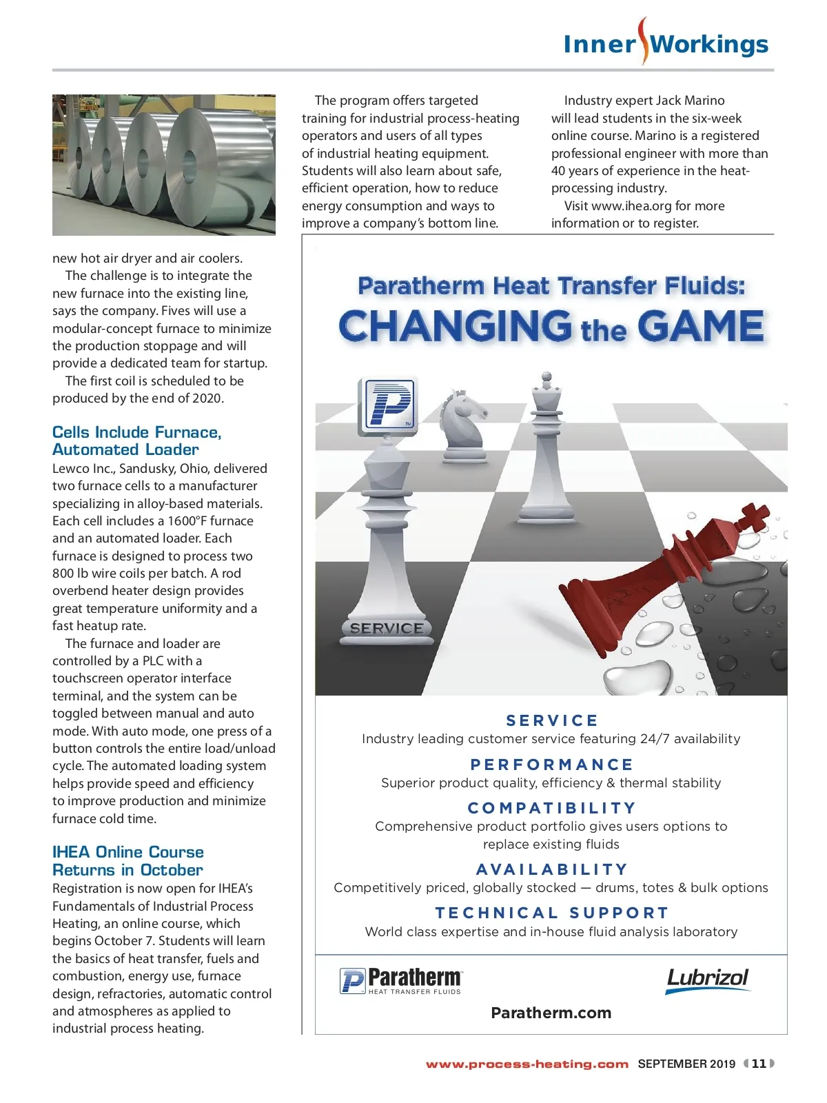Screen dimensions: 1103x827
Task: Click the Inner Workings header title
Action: point(666,44)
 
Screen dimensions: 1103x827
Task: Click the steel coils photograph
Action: point(164,165)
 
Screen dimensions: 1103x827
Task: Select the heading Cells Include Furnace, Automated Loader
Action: point(136,441)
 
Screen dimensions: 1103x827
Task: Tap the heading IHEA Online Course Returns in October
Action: point(128,861)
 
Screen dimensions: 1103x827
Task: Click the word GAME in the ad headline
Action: point(700,327)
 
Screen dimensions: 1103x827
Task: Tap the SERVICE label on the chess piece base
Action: point(387,629)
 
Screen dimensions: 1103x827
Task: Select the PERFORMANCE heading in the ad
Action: point(551,765)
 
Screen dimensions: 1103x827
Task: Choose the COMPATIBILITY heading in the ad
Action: point(551,808)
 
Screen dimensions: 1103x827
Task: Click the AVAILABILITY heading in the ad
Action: point(551,869)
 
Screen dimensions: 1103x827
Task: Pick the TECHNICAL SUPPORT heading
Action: point(551,913)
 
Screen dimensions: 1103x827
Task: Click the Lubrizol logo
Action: point(707,980)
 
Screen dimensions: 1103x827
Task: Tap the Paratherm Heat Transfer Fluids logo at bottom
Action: point(401,980)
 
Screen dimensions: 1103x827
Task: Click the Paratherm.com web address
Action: point(551,1013)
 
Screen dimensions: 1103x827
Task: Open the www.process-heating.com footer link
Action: point(527,1064)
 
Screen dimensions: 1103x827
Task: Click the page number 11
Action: point(759,1064)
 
